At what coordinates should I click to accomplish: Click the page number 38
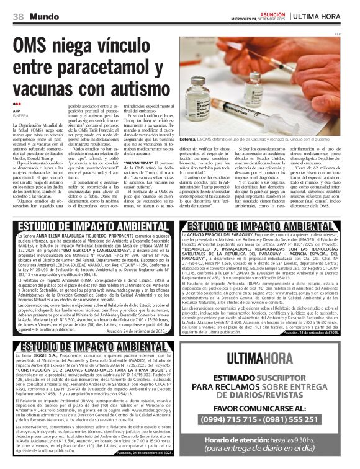[x=18, y=16]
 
